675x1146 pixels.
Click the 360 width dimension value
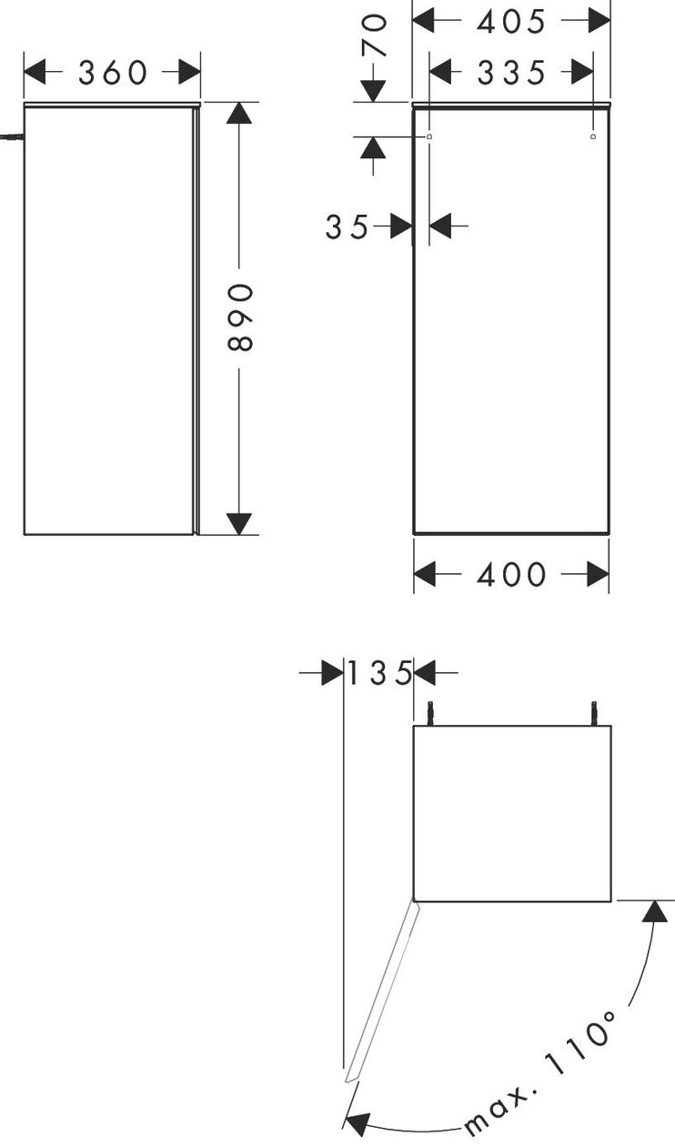[113, 73]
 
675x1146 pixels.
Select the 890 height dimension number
[239, 317]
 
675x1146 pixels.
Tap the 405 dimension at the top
[510, 22]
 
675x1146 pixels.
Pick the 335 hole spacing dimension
[511, 73]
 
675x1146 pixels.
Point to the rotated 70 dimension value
[374, 35]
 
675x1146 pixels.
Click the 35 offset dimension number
[347, 226]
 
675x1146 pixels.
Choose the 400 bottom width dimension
[511, 574]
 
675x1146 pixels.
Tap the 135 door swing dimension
[379, 673]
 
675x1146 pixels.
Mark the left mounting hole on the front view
[428, 136]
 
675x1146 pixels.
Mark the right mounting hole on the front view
[593, 136]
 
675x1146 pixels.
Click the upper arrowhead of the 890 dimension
[239, 113]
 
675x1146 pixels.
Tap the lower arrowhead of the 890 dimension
[239, 524]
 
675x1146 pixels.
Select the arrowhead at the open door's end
[358, 1124]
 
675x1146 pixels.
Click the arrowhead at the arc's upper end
[654, 911]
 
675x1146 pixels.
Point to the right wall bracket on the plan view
[595, 713]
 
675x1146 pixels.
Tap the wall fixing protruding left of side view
[11, 136]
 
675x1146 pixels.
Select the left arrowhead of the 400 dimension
[425, 574]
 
